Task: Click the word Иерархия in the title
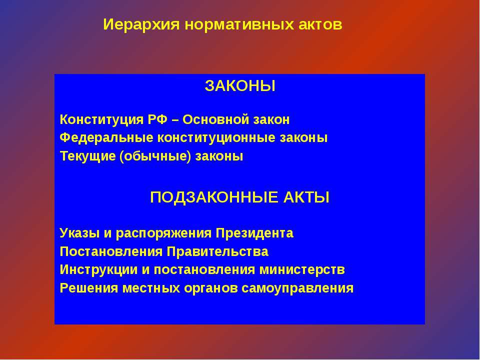pos(141,24)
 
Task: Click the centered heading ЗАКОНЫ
pos(240,86)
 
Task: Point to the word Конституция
pos(101,119)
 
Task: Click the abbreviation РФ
pos(157,119)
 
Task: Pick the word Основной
pos(216,119)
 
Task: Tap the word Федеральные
pos(106,138)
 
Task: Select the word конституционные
pos(216,138)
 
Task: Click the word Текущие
pos(88,156)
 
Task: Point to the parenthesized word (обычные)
pos(155,156)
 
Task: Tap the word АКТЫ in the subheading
pos(306,197)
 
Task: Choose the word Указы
pos(80,233)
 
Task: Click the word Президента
pos(254,233)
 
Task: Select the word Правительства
pos(217,251)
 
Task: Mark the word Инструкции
pos(98,270)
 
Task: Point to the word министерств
pos(302,270)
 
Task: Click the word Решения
pos(89,288)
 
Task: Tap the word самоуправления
pos(297,288)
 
